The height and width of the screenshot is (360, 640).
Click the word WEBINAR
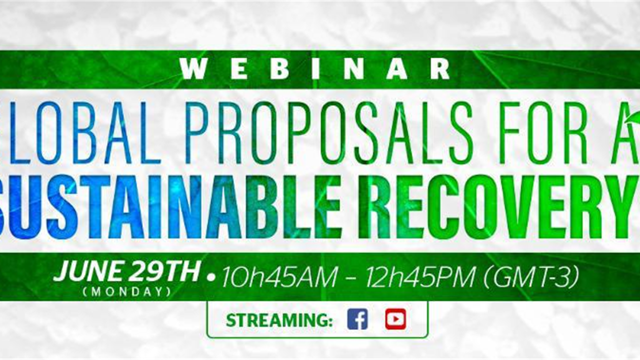point(315,69)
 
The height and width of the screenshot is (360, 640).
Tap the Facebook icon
point(357,319)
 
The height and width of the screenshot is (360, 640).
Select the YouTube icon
point(395,319)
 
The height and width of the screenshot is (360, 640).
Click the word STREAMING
point(279,320)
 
